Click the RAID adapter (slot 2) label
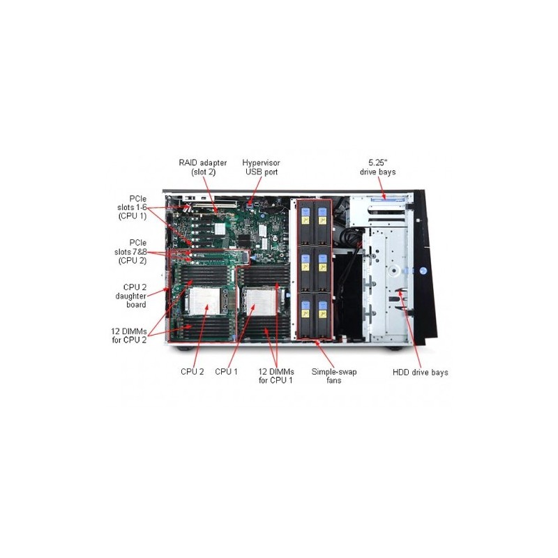click(x=202, y=167)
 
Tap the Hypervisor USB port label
click(x=261, y=167)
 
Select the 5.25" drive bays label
click(x=377, y=167)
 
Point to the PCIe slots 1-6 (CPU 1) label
click(x=132, y=207)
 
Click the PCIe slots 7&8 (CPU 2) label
click(x=130, y=252)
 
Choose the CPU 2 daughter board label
click(x=130, y=296)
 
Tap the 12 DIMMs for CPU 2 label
click(x=129, y=335)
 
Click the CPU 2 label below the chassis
click(x=193, y=372)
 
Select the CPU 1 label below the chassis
click(x=226, y=372)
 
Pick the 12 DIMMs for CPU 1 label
click(x=276, y=376)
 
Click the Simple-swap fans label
click(x=334, y=376)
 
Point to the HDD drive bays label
click(x=421, y=372)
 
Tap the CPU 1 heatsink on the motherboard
click(x=260, y=302)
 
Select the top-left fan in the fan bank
click(x=306, y=222)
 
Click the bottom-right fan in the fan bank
click(x=323, y=315)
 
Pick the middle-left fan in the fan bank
click(x=306, y=269)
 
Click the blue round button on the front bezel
click(x=423, y=271)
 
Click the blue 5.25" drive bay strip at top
click(x=389, y=199)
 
